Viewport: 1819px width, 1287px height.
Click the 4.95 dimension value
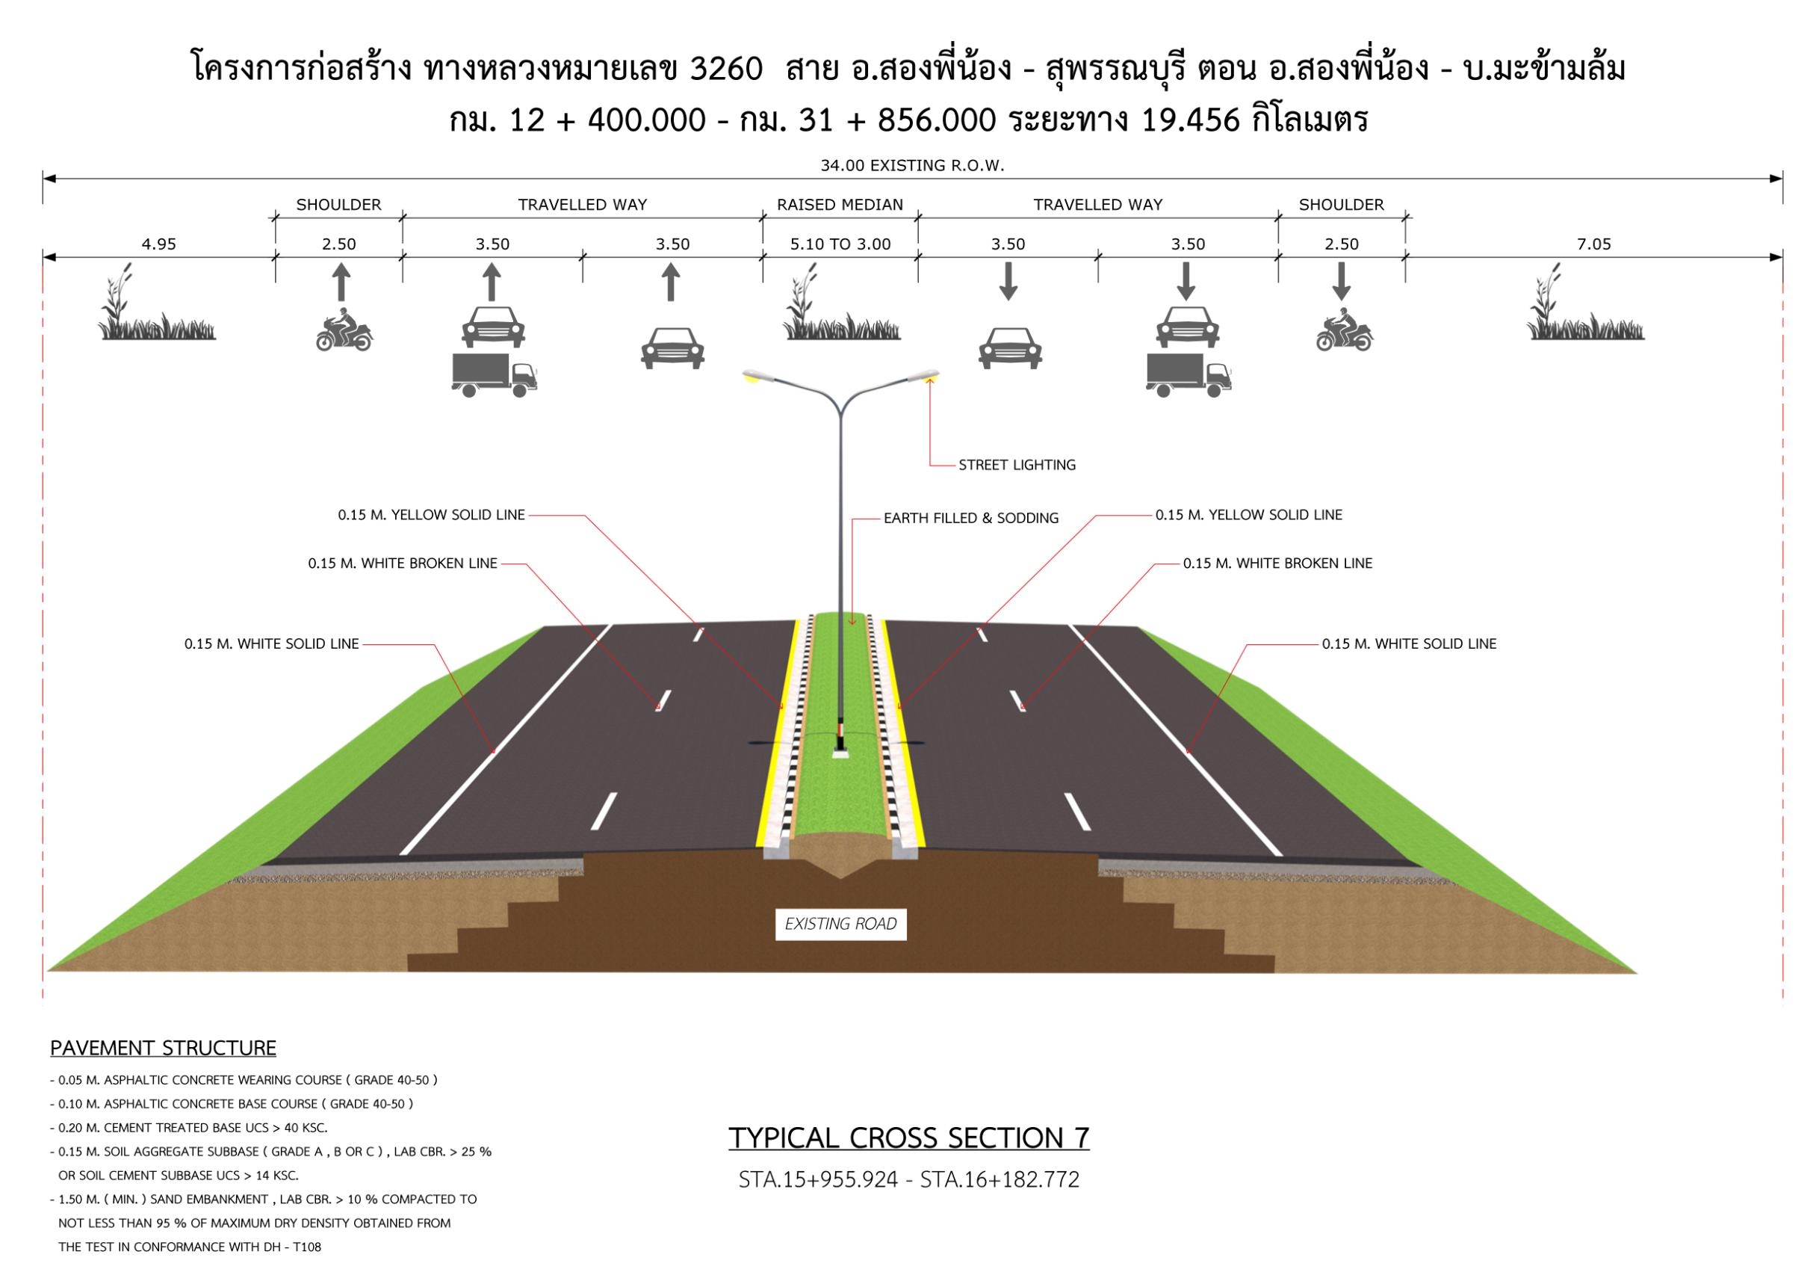(158, 244)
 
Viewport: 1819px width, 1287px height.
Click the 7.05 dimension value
(1593, 244)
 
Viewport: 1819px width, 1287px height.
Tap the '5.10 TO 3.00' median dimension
(840, 244)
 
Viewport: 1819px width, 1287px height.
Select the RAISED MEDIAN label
(840, 205)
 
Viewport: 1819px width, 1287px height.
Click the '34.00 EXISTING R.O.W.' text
(912, 166)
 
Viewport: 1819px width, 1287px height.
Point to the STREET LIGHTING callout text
(1017, 465)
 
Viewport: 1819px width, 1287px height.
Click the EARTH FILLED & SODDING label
(971, 518)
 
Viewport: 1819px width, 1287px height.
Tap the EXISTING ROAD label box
(840, 924)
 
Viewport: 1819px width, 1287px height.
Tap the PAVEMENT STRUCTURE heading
(163, 1049)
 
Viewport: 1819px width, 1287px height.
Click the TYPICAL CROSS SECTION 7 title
(908, 1138)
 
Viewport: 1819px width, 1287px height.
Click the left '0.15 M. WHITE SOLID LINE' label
(272, 644)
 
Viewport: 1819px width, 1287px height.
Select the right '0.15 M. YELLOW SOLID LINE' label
(1248, 515)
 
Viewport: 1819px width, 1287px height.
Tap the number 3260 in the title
(727, 70)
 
